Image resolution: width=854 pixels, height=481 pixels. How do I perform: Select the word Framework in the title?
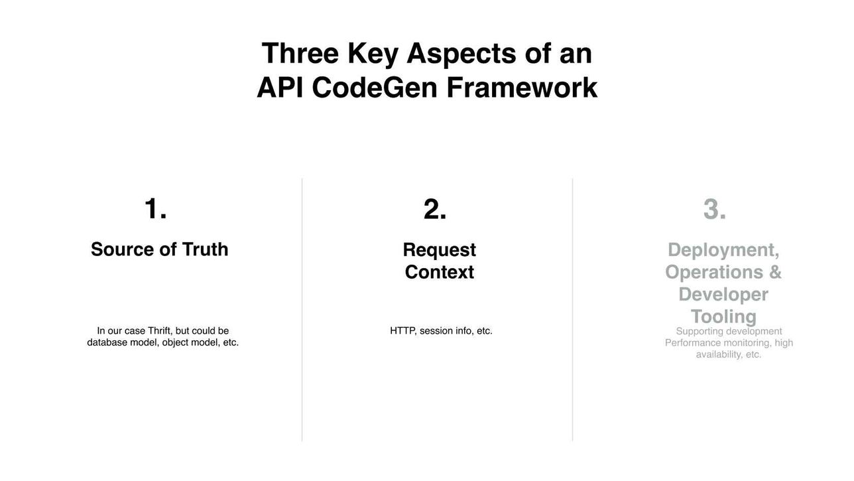coord(522,88)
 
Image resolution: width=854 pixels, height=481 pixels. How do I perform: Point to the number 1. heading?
coord(156,208)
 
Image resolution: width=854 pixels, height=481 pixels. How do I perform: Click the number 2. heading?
coord(435,209)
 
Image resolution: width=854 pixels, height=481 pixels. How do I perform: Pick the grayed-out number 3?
coord(715,209)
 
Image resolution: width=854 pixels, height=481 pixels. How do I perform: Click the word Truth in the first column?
coord(205,249)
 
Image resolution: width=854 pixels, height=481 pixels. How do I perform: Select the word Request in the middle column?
coord(439,250)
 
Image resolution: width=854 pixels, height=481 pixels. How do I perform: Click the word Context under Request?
coord(439,272)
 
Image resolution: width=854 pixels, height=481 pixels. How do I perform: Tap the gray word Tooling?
coord(723,316)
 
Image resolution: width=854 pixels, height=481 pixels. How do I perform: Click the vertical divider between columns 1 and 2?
coord(302,310)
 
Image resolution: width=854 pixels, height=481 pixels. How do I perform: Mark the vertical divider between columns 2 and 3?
coord(572,310)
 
